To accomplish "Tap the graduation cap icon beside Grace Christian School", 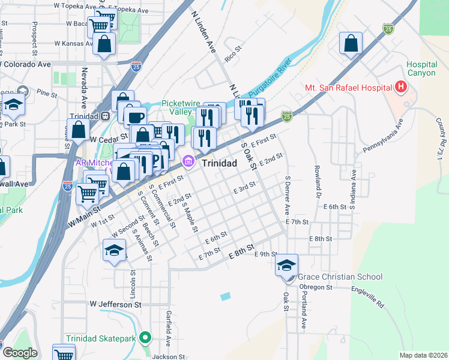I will click(287, 265).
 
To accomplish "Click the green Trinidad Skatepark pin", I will click(144, 338).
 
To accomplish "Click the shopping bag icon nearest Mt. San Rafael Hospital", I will click(351, 43).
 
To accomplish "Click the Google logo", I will click(19, 353).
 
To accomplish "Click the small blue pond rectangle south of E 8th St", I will click(225, 296).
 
